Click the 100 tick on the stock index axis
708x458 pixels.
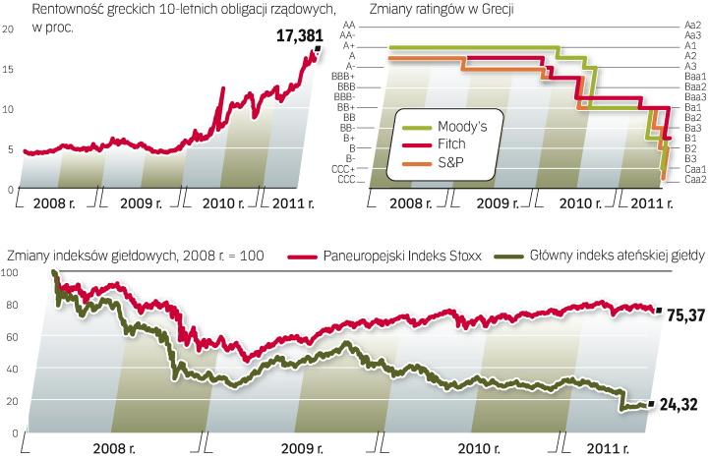(11, 274)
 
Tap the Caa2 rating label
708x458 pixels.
(694, 179)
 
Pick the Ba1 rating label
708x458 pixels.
(692, 106)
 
